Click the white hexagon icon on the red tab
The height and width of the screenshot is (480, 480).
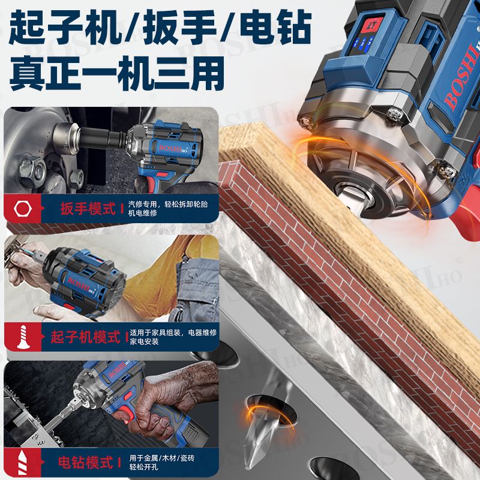(23, 209)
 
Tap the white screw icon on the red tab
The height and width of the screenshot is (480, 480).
(23, 337)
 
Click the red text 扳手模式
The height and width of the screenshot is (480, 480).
(88, 209)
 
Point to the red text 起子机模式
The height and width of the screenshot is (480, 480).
(86, 337)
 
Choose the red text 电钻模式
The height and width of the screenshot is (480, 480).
(85, 462)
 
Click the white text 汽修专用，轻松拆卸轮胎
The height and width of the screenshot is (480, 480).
(168, 204)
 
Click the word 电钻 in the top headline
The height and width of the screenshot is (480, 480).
(275, 28)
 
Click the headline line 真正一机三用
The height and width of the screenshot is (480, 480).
(117, 73)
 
